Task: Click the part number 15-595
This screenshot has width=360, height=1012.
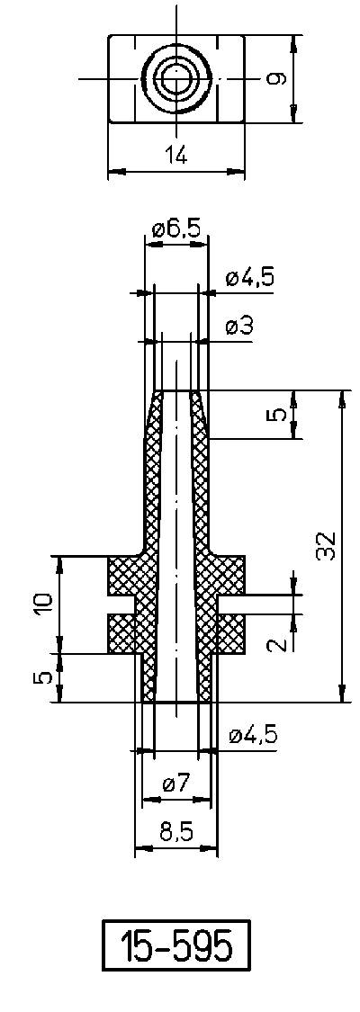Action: (175, 946)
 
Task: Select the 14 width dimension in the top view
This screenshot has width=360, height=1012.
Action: (175, 156)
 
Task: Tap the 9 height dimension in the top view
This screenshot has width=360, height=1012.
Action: (277, 79)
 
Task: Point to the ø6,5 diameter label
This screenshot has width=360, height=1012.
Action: (176, 228)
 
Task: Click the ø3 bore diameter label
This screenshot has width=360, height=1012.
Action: (238, 327)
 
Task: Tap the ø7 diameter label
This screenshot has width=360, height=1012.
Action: (176, 784)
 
